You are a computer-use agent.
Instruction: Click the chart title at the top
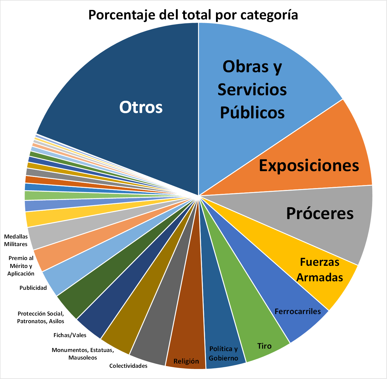coord(193,15)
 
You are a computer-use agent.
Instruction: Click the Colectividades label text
coord(128,366)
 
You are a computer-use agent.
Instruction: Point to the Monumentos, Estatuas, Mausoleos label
coord(83,354)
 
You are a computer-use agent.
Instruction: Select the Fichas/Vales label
coord(70,335)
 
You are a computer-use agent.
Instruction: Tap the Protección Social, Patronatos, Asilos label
coord(41,317)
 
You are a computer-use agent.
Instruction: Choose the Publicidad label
coord(33,288)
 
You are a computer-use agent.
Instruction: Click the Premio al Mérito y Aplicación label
coord(21,266)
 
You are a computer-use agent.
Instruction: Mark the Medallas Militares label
coord(16,240)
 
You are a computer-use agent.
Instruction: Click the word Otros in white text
coord(141,107)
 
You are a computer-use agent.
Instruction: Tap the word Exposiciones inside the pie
coord(309,166)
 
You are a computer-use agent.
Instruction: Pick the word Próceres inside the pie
coord(320,213)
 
